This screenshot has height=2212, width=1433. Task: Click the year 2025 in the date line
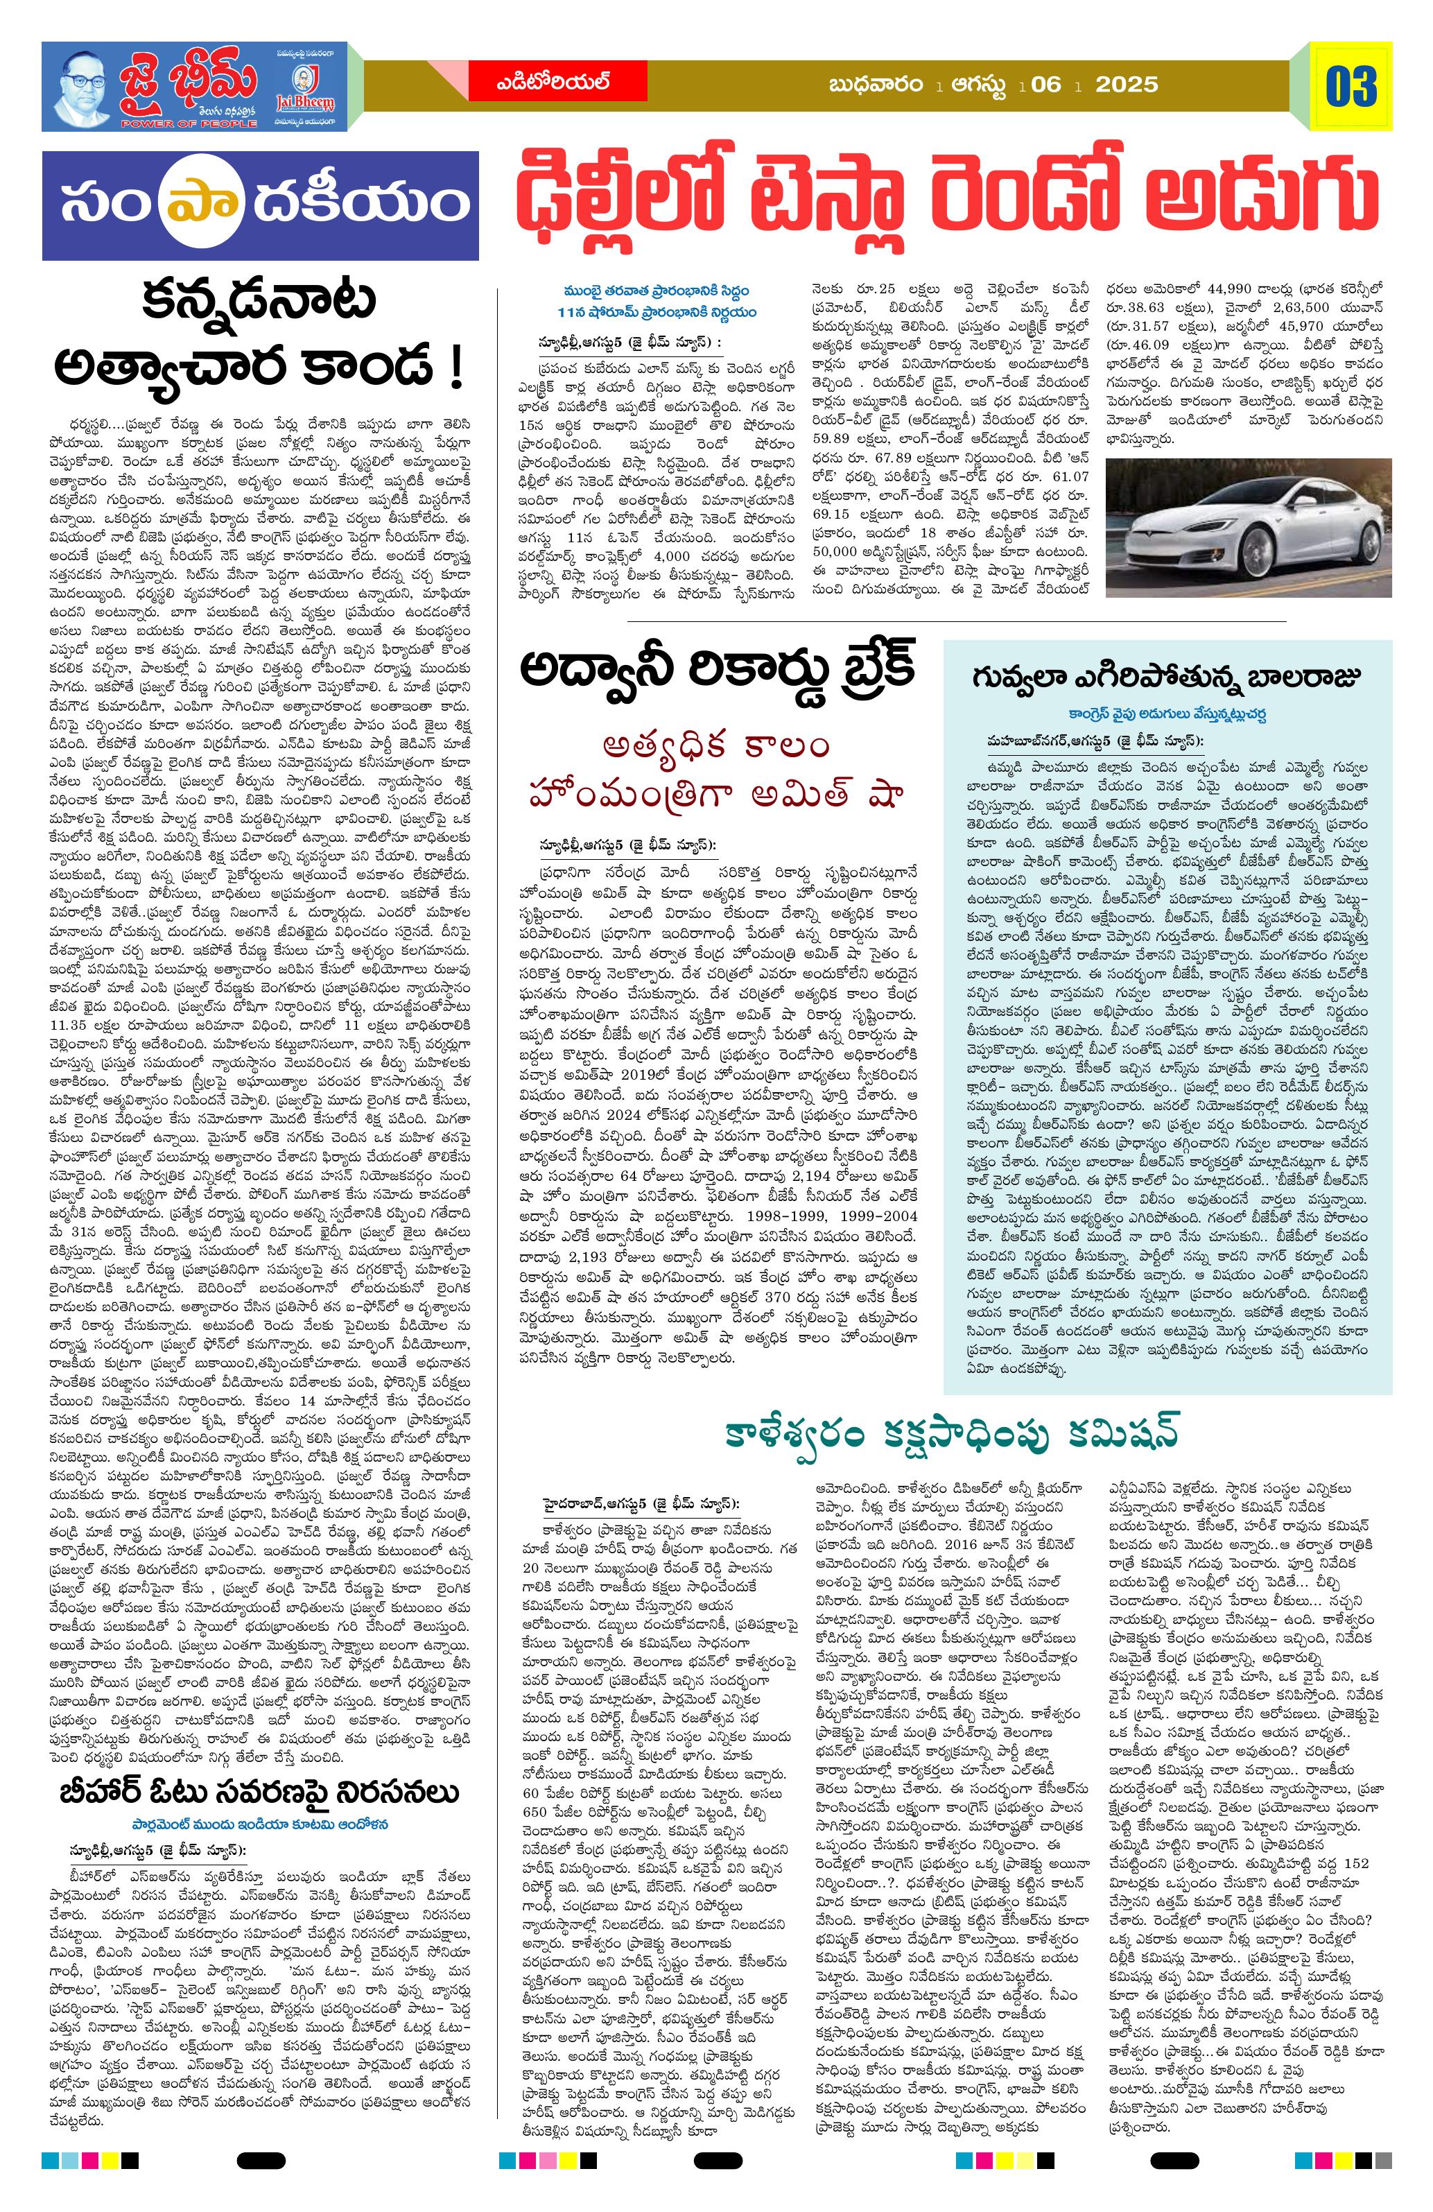[x=1127, y=85]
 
